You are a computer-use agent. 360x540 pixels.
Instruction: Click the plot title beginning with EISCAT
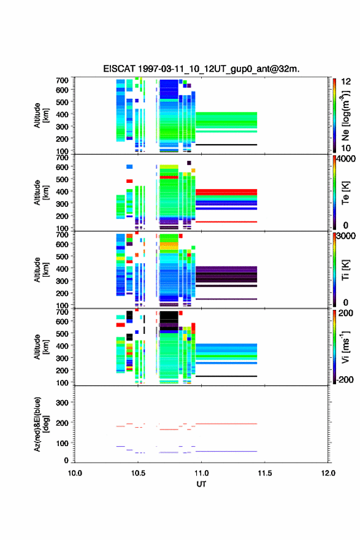click(201, 69)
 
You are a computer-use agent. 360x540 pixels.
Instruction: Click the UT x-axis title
click(201, 484)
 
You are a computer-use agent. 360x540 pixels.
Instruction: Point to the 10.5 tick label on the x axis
click(138, 473)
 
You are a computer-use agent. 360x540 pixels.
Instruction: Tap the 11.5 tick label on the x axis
click(265, 473)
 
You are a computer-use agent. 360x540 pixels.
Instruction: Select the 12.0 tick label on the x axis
click(328, 473)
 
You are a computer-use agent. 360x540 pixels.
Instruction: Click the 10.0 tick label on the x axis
click(75, 473)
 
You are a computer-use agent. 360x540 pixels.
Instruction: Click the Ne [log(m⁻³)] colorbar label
click(345, 116)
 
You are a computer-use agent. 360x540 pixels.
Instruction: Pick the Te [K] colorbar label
click(345, 193)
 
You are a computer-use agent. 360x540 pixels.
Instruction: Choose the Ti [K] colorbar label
click(345, 270)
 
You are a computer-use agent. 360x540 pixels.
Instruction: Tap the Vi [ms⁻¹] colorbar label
click(345, 347)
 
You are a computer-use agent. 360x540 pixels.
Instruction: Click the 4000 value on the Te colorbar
click(346, 159)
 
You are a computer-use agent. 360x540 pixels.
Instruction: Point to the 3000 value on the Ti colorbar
click(346, 236)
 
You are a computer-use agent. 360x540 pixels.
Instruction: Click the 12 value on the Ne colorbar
click(346, 82)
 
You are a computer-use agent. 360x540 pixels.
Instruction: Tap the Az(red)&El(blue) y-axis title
click(41, 424)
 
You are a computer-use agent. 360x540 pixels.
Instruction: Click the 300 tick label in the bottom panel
click(63, 403)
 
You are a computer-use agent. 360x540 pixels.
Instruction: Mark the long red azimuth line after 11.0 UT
click(226, 424)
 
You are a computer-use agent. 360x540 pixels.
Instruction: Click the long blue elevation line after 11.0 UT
click(226, 451)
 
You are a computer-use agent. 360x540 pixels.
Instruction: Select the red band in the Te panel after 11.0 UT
click(226, 192)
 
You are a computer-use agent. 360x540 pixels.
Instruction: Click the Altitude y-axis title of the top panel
click(41, 115)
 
